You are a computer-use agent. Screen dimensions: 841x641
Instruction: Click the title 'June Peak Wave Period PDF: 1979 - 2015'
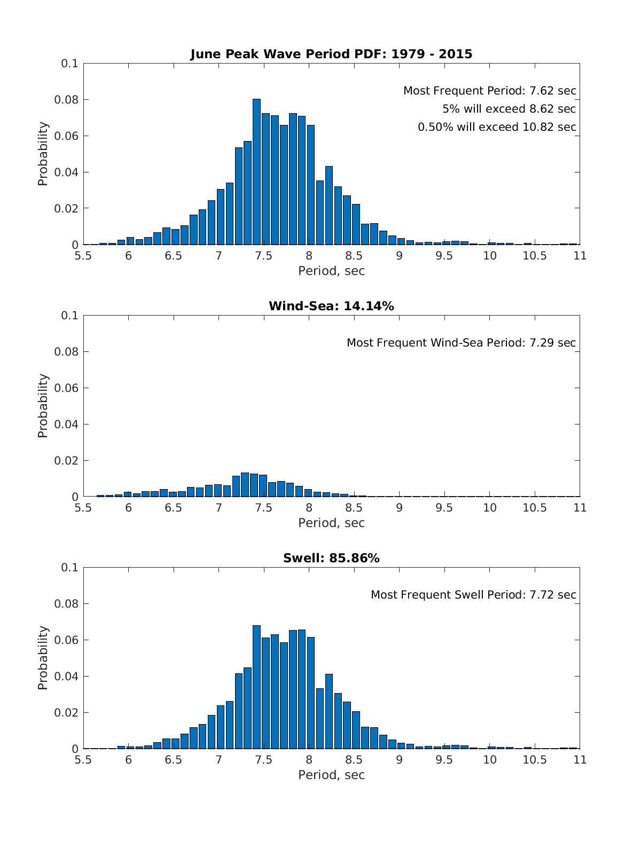(x=331, y=54)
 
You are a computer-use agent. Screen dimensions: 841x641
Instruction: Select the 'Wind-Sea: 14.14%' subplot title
(x=331, y=306)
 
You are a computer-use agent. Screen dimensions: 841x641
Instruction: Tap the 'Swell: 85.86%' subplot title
(x=331, y=558)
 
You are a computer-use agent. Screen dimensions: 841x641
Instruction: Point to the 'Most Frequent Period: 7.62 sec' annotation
(x=489, y=91)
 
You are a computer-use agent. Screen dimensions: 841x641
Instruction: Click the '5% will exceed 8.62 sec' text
(x=509, y=109)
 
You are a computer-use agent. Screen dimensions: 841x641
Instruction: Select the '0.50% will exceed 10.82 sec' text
(x=497, y=127)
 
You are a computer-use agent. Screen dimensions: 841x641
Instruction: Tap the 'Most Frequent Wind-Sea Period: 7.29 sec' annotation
(x=461, y=343)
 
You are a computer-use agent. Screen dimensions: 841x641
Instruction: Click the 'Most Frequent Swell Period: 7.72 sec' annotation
(x=473, y=595)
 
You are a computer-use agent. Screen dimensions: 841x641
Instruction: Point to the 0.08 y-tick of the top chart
(x=68, y=100)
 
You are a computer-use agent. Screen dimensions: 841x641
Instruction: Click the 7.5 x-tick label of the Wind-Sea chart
(x=263, y=508)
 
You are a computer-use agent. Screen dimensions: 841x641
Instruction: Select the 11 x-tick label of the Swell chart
(x=580, y=760)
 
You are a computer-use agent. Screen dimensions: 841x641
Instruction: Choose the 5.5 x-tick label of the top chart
(x=83, y=256)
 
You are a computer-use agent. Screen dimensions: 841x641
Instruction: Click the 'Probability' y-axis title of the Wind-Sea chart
(x=43, y=406)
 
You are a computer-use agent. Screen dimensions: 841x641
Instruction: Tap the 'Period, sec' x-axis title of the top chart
(x=331, y=271)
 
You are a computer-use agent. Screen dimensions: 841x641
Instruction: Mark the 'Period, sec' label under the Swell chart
(x=331, y=775)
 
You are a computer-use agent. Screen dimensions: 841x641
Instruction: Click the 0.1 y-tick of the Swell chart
(x=70, y=568)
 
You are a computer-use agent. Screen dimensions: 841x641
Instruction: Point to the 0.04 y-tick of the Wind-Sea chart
(x=68, y=425)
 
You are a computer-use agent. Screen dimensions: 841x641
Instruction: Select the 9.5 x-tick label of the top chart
(x=444, y=256)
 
